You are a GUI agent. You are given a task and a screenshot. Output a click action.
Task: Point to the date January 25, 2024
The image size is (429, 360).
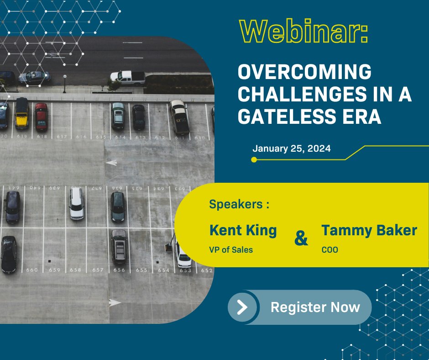point(291,148)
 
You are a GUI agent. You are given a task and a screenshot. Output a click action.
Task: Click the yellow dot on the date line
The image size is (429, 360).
point(254,159)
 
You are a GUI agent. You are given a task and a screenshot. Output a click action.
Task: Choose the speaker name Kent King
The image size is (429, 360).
point(243,230)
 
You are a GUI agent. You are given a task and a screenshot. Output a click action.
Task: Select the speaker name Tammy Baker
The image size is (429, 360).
point(369,230)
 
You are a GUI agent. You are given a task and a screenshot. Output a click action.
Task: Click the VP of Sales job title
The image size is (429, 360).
point(231,249)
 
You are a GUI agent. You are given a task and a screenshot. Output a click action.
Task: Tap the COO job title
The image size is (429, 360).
point(330,249)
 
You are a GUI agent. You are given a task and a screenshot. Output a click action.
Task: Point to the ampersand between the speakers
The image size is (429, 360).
point(301,238)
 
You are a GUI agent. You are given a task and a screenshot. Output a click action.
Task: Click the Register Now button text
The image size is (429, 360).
point(315,307)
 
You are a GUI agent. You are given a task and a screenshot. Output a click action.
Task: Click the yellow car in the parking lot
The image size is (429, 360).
point(21,113)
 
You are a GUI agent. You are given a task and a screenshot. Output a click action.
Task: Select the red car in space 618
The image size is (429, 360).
point(42,116)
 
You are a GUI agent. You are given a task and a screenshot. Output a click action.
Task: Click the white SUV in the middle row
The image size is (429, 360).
point(77,203)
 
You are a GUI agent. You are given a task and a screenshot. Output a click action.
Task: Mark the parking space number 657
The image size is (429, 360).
point(98,270)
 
